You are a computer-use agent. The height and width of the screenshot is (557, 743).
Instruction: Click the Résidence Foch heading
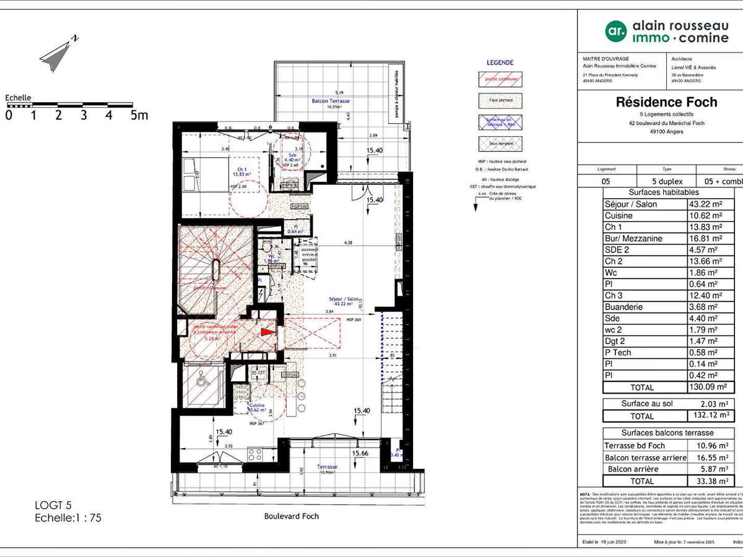click(x=666, y=103)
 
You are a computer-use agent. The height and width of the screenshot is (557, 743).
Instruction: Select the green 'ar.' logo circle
click(x=615, y=30)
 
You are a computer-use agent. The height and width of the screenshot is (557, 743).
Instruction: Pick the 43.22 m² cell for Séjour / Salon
click(x=706, y=204)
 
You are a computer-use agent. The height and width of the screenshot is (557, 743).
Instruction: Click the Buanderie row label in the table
click(x=624, y=307)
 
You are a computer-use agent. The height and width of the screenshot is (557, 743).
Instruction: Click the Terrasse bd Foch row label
click(x=634, y=446)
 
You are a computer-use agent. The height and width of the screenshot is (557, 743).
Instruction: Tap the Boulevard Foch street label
click(x=291, y=516)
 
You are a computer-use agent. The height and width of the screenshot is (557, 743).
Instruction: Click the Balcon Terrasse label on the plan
click(x=330, y=101)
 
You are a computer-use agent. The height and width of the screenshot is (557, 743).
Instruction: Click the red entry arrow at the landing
click(x=267, y=332)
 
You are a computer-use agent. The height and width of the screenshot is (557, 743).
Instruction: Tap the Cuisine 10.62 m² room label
click(x=257, y=407)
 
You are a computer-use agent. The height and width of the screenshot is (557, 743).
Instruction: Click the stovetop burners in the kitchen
click(x=254, y=455)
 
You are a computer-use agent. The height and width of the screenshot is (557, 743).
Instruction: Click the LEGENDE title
click(x=500, y=63)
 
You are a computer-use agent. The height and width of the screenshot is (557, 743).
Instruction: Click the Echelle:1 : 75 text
click(x=68, y=519)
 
